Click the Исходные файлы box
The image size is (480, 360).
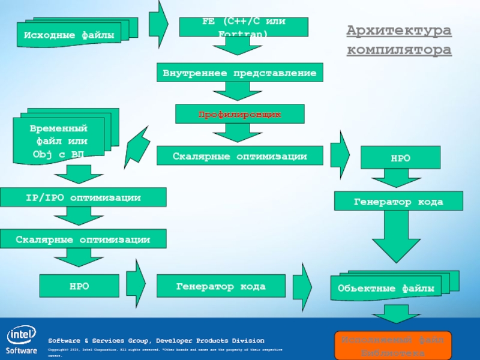[69, 34]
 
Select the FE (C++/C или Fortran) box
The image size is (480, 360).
[244, 26]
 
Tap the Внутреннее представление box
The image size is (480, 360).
[239, 73]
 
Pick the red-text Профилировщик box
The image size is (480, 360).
[239, 113]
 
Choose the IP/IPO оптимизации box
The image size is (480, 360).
[83, 197]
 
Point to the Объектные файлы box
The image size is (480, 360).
[386, 288]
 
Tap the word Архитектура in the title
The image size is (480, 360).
[399, 30]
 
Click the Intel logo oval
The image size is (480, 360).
[20, 335]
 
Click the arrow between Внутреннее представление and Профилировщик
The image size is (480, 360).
[239, 91]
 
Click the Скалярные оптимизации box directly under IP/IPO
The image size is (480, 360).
[83, 239]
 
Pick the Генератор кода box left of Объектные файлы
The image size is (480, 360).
[220, 286]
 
